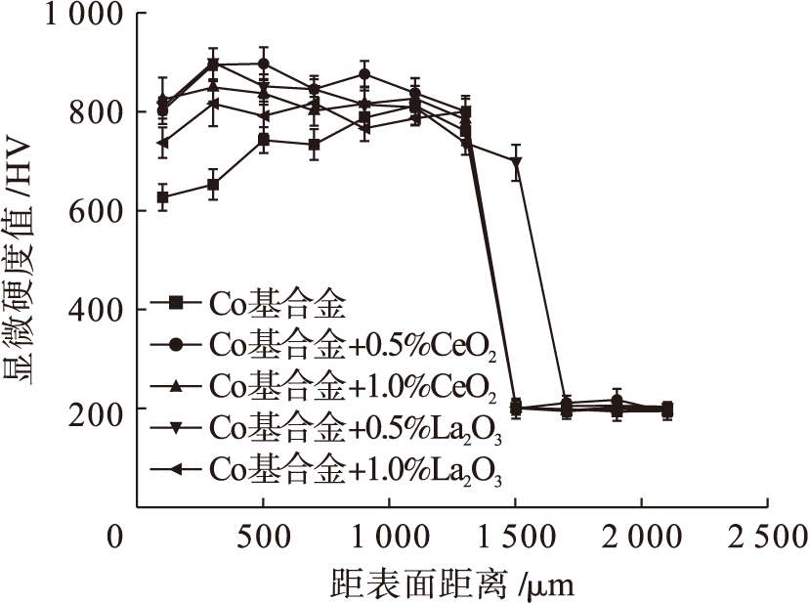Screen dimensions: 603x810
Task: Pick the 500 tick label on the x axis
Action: click(x=263, y=537)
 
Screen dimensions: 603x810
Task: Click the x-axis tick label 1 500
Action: click(x=515, y=537)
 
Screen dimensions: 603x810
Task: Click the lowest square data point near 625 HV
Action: click(x=162, y=197)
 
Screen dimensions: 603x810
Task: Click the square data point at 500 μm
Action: click(x=264, y=140)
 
